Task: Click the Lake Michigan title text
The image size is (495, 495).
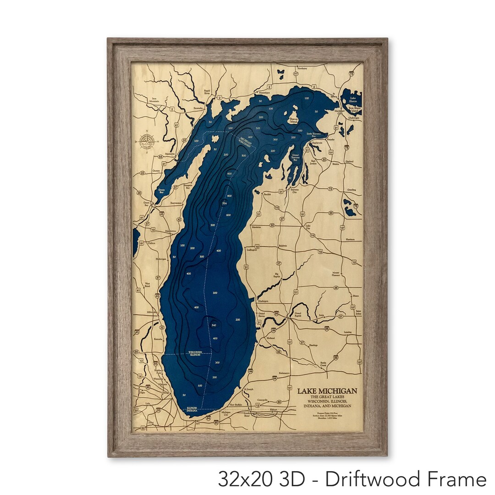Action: pyautogui.click(x=327, y=391)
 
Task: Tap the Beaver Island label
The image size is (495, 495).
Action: pyautogui.click(x=294, y=120)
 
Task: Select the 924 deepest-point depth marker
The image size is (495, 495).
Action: pyautogui.click(x=224, y=203)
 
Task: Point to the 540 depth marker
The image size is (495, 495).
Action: pyautogui.click(x=214, y=325)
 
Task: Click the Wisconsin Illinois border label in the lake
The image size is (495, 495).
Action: pyautogui.click(x=198, y=353)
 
